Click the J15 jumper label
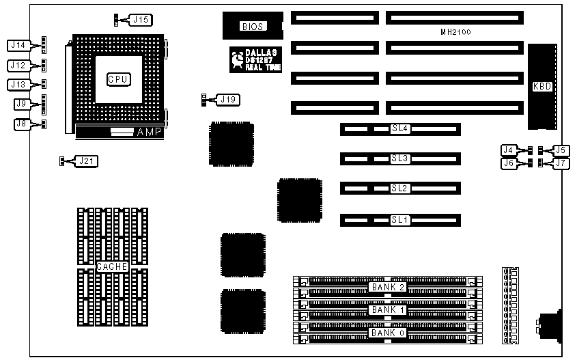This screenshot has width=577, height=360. [x=141, y=20]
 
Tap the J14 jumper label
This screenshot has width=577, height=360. [x=18, y=46]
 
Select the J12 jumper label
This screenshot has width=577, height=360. [x=18, y=66]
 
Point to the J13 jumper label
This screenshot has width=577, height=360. [x=18, y=85]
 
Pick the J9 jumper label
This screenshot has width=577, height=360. [x=21, y=105]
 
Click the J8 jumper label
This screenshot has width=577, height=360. [x=21, y=124]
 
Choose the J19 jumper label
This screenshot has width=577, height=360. [x=228, y=100]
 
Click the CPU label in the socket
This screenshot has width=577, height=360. [x=118, y=79]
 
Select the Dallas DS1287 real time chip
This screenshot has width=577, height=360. [x=253, y=59]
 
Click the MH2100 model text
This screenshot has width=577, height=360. [x=455, y=32]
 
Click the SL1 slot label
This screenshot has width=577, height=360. [x=399, y=220]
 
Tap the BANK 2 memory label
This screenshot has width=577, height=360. [x=388, y=288]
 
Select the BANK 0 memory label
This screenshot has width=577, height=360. [x=388, y=333]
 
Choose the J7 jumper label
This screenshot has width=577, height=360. [x=559, y=163]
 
